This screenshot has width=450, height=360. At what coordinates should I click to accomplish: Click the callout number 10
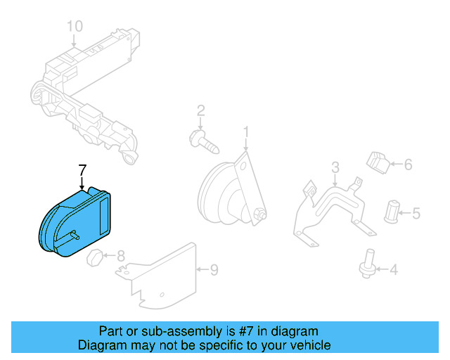75,26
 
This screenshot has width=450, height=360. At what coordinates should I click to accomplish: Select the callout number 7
82,170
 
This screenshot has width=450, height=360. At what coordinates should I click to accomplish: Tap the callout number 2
200,110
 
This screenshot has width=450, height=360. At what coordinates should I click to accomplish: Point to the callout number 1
246,131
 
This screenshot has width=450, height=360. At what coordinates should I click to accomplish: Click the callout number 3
335,167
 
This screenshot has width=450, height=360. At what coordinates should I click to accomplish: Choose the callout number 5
416,212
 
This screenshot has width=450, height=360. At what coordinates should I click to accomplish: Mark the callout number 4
393,269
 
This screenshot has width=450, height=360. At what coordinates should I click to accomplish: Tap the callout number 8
120,256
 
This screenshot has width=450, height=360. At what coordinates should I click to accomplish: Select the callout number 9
214,269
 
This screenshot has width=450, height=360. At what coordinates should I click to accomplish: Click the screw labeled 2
204,142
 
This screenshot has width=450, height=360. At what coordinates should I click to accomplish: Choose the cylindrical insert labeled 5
392,210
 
